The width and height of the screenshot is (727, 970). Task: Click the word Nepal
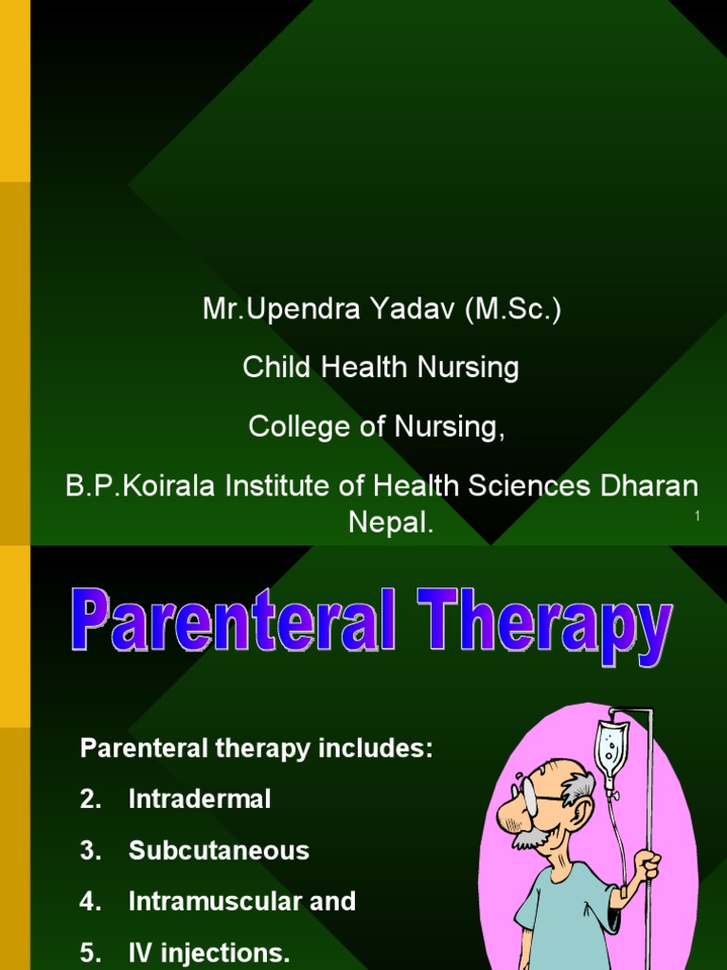391,523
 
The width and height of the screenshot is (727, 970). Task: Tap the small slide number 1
697,515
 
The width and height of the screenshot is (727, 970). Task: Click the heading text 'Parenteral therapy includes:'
256,748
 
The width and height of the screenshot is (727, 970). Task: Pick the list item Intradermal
200,799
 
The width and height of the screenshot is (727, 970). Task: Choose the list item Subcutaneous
219,851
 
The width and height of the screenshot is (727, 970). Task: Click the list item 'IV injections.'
209,953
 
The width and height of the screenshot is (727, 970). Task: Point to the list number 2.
89,799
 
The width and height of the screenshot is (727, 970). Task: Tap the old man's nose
507,812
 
